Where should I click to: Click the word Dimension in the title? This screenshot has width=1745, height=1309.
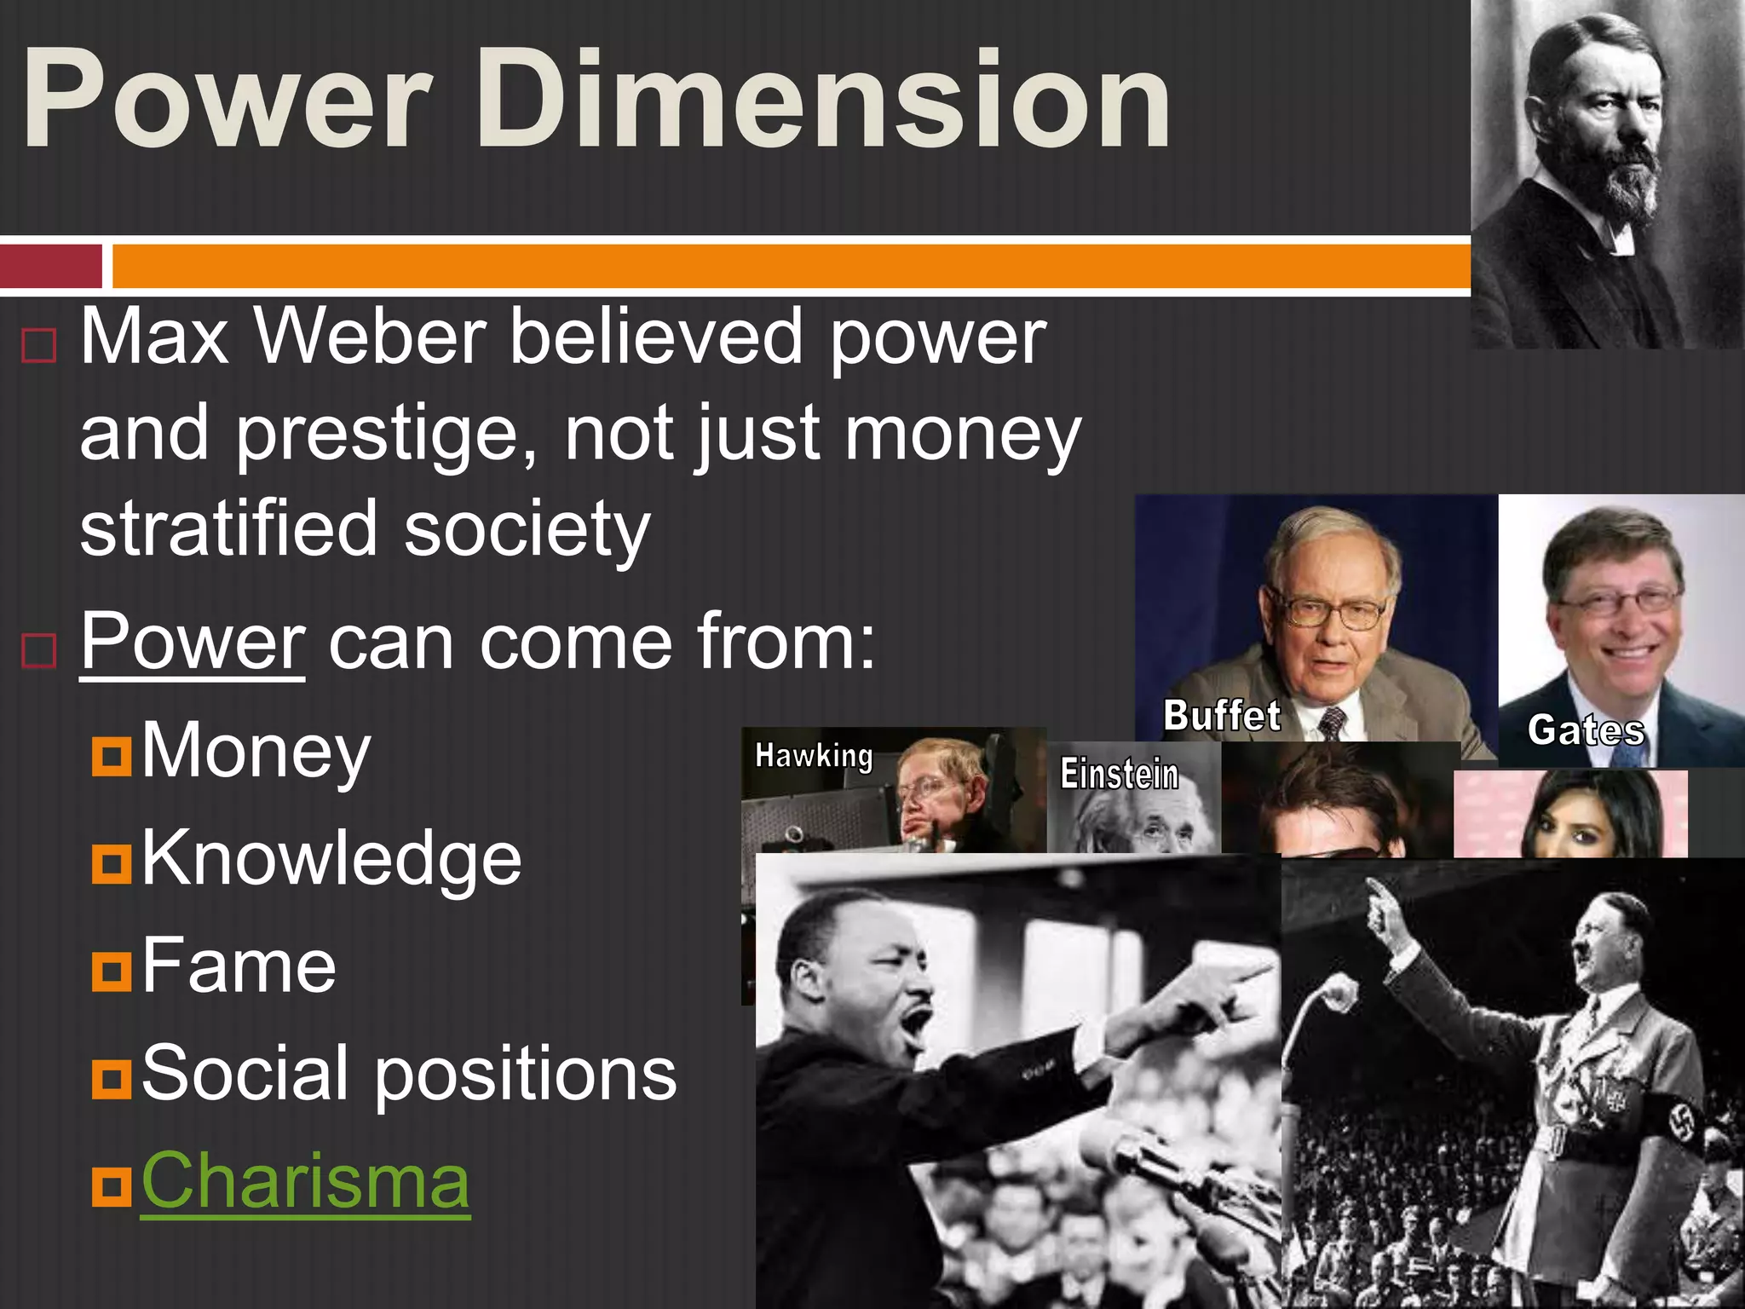[822, 101]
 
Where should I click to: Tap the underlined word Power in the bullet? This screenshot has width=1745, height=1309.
[193, 643]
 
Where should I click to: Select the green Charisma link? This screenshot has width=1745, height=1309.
[305, 1182]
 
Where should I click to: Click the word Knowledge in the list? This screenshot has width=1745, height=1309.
[331, 859]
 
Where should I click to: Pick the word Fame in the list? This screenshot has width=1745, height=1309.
[239, 966]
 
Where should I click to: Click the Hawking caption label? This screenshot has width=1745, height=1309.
[814, 756]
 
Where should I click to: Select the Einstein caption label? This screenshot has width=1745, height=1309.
[1119, 775]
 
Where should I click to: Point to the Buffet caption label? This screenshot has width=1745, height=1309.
[1222, 716]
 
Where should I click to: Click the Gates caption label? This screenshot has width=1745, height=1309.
[1586, 731]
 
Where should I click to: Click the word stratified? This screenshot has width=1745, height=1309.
[228, 530]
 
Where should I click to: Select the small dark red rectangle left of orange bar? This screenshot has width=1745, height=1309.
[51, 266]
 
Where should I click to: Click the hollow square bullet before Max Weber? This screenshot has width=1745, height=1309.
[38, 346]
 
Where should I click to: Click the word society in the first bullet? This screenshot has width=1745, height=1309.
[527, 530]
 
